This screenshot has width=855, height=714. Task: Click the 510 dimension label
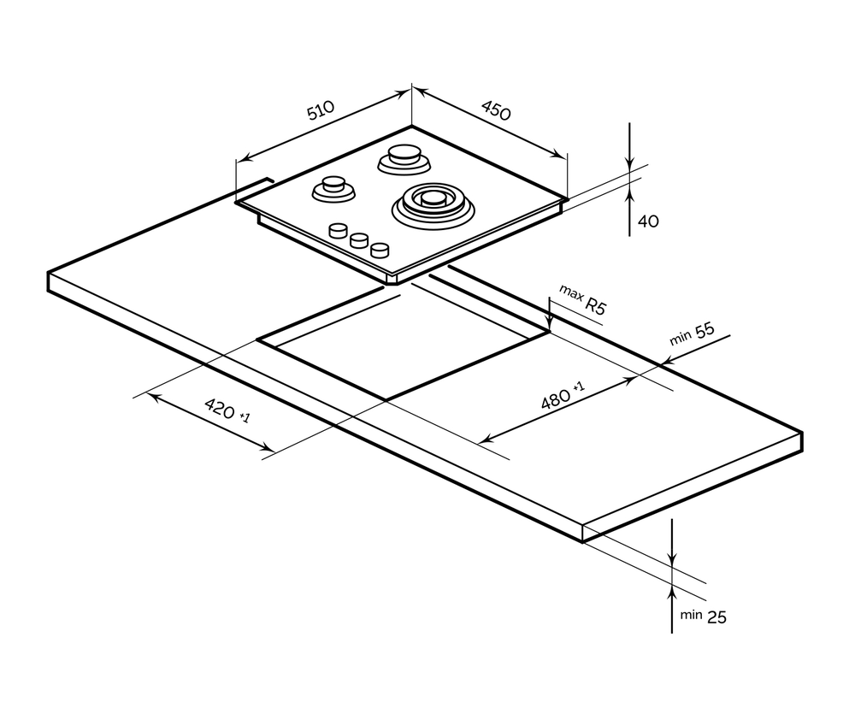tap(321, 112)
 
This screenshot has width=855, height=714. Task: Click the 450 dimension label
tap(496, 111)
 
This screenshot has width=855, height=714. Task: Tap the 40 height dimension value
tap(649, 221)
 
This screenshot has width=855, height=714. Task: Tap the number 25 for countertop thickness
tap(716, 617)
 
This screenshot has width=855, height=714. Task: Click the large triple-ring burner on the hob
tap(431, 203)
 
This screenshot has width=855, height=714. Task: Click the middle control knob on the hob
tap(359, 240)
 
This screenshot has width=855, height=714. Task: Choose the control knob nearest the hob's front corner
tap(379, 250)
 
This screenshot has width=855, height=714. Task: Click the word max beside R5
tap(570, 292)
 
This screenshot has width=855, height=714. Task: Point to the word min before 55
tap(680, 339)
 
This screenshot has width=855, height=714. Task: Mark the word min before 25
tap(691, 615)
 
